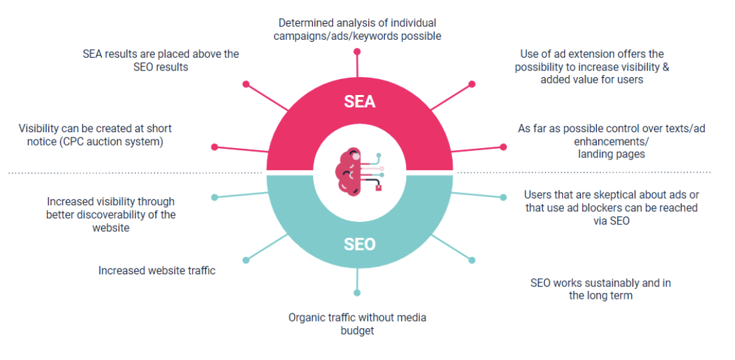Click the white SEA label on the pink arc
pos(360,102)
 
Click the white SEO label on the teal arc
pos(360,244)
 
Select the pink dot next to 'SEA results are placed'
pos(246,84)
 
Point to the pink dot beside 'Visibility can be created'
pos(214,147)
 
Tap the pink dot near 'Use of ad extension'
pos(472,84)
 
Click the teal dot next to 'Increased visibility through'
pos(214,197)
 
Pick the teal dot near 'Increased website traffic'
pos(246,260)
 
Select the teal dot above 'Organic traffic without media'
pos(358,292)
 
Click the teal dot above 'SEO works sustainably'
pos(472,260)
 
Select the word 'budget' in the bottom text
pos(357,330)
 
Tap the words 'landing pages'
pos(611,154)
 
